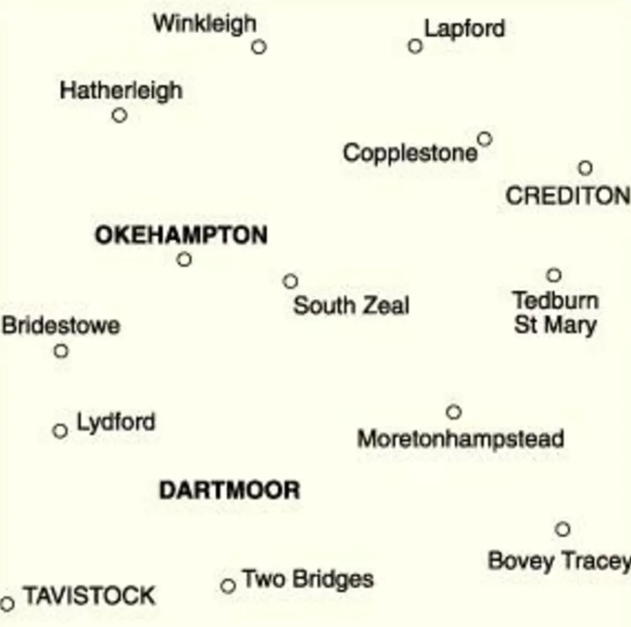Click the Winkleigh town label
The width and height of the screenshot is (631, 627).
coord(204,24)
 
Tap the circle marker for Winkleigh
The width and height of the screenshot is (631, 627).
coord(259,47)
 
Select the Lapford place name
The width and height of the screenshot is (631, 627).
coord(464,28)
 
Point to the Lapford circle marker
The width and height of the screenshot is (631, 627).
coord(415,46)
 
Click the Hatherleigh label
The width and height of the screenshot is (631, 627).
coord(121,90)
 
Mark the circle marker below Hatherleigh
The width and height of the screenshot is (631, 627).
coord(119,115)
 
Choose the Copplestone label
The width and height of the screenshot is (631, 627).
coord(410,153)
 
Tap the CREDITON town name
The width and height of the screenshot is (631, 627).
coord(567,196)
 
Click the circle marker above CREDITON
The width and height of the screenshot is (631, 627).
coord(585,168)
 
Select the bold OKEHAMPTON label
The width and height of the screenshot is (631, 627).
coord(181,235)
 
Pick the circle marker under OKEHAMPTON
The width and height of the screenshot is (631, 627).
coord(184,259)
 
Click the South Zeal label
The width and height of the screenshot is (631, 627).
coord(351,306)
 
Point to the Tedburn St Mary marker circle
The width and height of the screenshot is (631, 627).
coord(553,275)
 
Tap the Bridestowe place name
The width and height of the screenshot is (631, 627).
coord(61,326)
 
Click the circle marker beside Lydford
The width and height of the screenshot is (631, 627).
coord(60,431)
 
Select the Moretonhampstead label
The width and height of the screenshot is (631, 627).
coord(461,439)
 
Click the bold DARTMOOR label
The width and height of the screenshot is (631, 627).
coord(229,490)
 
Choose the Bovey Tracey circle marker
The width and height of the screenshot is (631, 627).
coord(562,529)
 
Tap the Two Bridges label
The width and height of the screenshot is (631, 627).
coord(307,579)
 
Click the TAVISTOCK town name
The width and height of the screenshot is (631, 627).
coord(89,596)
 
